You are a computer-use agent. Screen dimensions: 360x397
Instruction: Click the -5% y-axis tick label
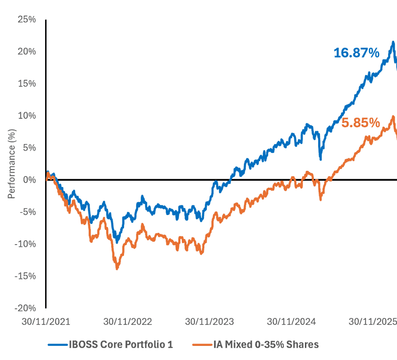[x=28, y=212]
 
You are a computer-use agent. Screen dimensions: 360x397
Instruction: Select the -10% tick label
[x=26, y=244]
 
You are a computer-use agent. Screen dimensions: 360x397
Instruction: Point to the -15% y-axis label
[x=26, y=276]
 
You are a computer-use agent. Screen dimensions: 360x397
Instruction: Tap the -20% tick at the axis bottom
[x=26, y=308]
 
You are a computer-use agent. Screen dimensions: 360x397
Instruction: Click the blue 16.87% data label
[x=356, y=54]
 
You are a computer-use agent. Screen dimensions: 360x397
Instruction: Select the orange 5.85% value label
[x=360, y=123]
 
